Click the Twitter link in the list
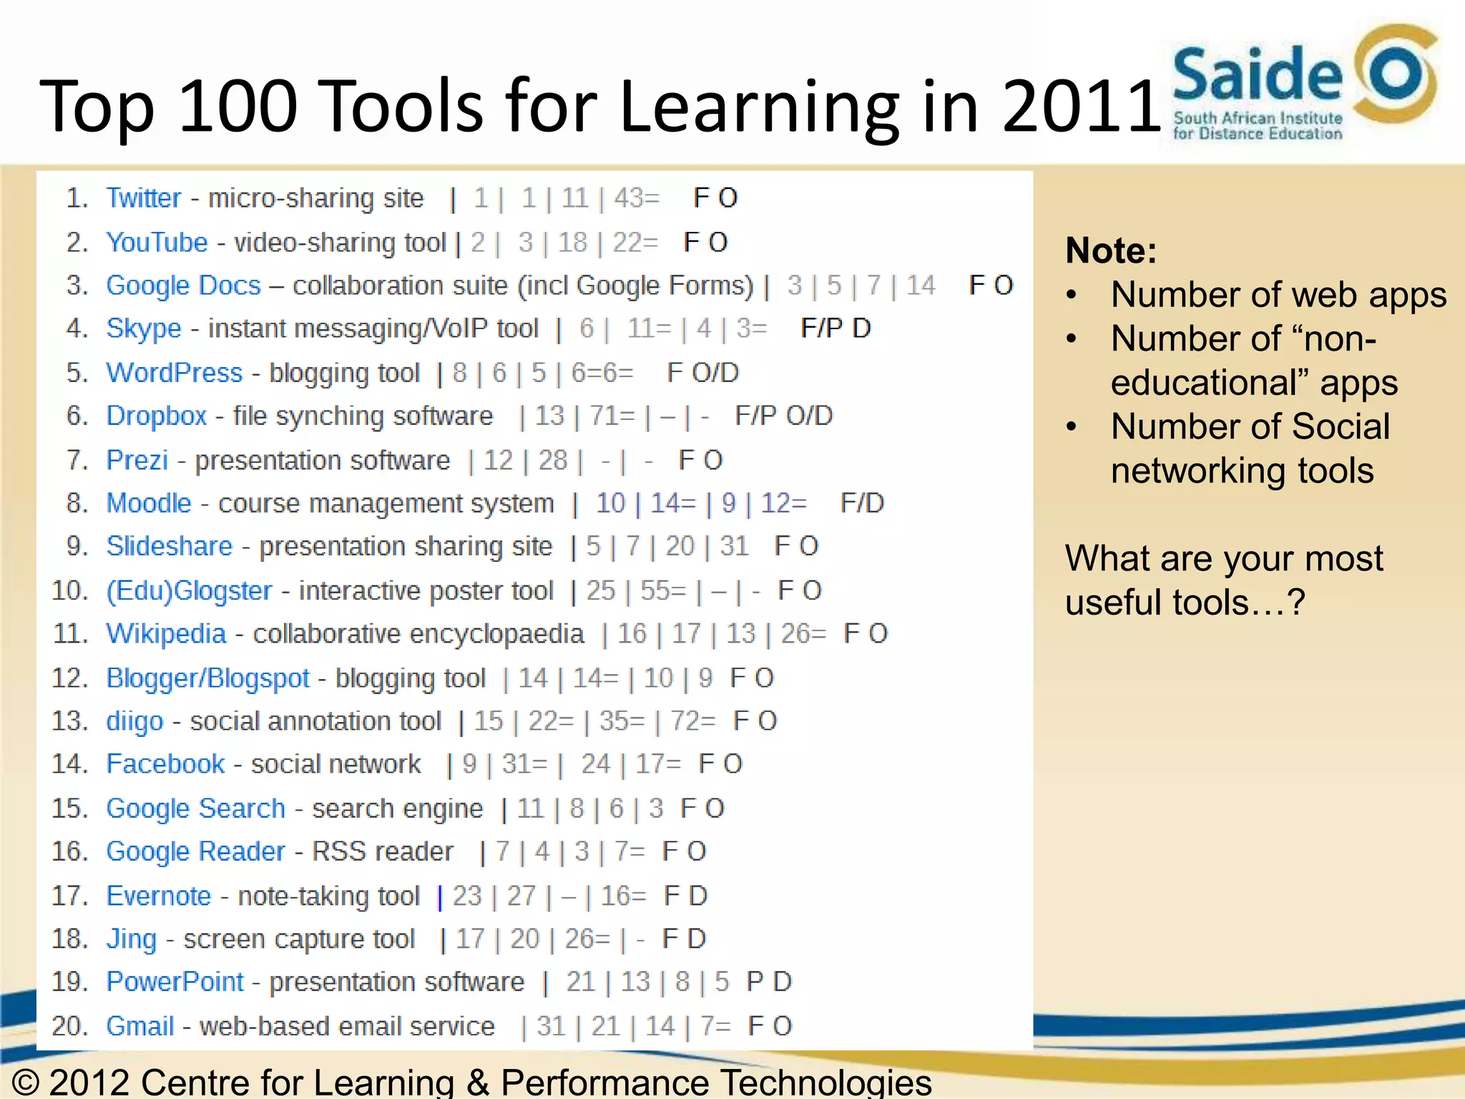(x=143, y=198)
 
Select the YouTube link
(x=157, y=243)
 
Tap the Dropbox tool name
(x=156, y=416)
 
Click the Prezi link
(x=137, y=460)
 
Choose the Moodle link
(x=149, y=503)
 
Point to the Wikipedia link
(x=166, y=634)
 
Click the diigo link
(x=134, y=721)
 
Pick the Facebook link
(x=165, y=764)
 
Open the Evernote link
(x=159, y=896)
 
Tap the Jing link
(x=131, y=939)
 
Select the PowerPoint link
(x=175, y=982)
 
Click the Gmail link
(x=140, y=1026)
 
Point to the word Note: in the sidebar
(x=1111, y=250)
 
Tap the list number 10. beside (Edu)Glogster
(x=70, y=591)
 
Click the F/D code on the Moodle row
(x=862, y=503)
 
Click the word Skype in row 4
(x=144, y=328)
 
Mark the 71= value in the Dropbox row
(x=612, y=416)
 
